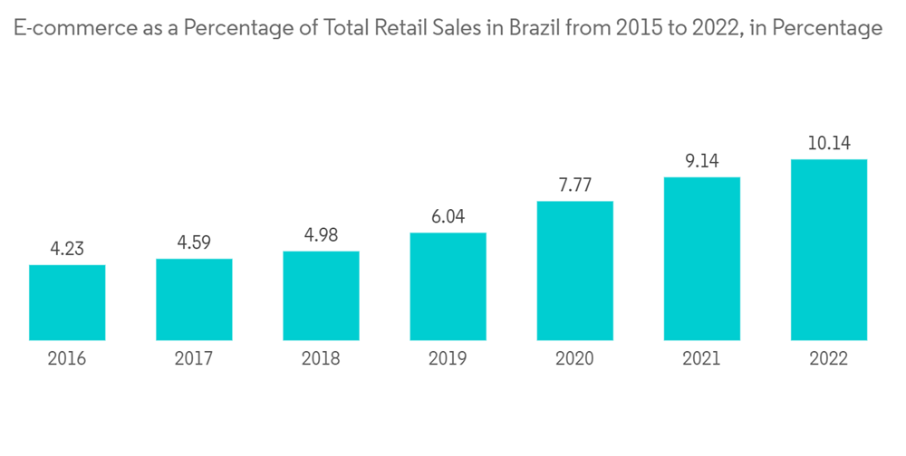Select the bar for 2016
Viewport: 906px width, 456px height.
67,303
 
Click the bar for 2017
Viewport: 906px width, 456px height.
194,299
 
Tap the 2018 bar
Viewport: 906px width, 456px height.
321,296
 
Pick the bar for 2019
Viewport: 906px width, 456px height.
448,287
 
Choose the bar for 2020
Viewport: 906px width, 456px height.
574,271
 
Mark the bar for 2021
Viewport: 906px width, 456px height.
701,259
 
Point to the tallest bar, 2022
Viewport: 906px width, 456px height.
828,250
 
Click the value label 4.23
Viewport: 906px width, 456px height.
67,249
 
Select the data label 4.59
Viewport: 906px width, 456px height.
194,242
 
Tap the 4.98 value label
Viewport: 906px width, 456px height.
321,235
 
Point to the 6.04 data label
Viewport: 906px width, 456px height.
448,217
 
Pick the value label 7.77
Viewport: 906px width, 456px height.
574,185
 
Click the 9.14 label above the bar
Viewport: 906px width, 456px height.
701,161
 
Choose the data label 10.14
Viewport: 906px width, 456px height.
828,144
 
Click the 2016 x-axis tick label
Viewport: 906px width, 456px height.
67,359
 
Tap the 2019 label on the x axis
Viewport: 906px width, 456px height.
448,359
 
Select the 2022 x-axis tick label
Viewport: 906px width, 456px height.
828,359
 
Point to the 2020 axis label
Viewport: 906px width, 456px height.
574,359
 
